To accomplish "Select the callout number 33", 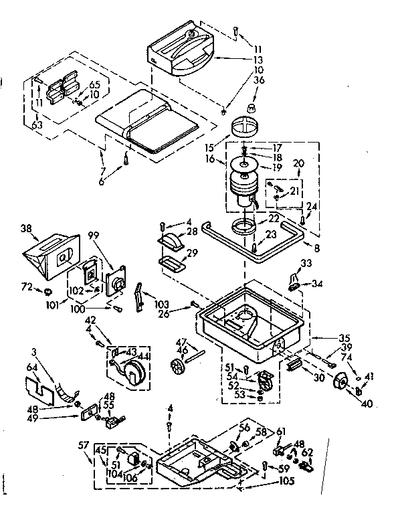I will pos(306,263).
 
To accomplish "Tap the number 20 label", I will pos(298,163).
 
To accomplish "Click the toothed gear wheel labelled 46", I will pos(177,367).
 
